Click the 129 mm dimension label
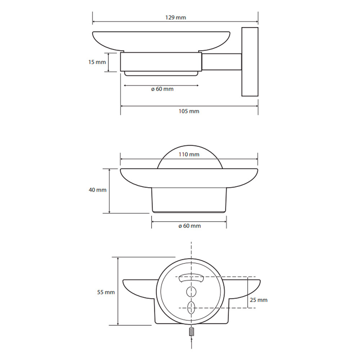[x=176, y=17]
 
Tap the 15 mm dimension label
[x=97, y=62]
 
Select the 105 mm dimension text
[x=189, y=111]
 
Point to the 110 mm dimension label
[x=189, y=154]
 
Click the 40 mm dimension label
[x=98, y=190]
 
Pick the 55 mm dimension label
[x=106, y=292]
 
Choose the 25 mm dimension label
[x=259, y=300]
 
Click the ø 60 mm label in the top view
[x=162, y=89]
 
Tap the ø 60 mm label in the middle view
[x=190, y=226]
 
